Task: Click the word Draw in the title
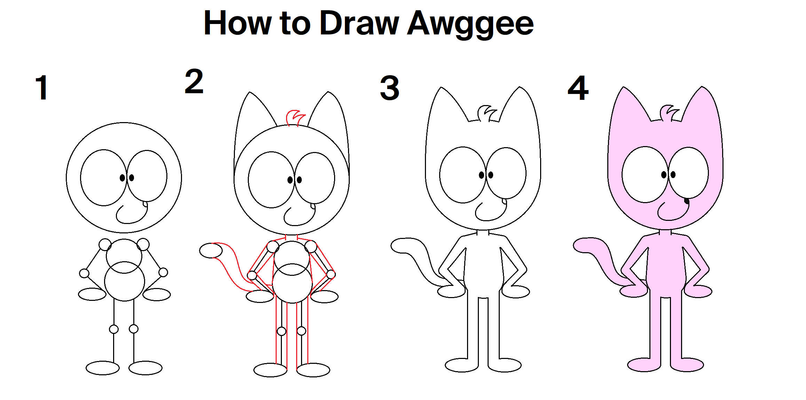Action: coord(359,23)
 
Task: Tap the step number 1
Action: coord(42,88)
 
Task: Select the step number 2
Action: coord(194,82)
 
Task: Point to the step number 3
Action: coord(390,88)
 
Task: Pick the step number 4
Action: coord(578,88)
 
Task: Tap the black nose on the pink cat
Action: coord(687,201)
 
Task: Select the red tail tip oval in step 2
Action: coord(211,250)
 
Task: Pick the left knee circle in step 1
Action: coord(114,329)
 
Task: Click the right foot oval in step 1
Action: coord(145,368)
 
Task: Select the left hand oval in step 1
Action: coord(92,294)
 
